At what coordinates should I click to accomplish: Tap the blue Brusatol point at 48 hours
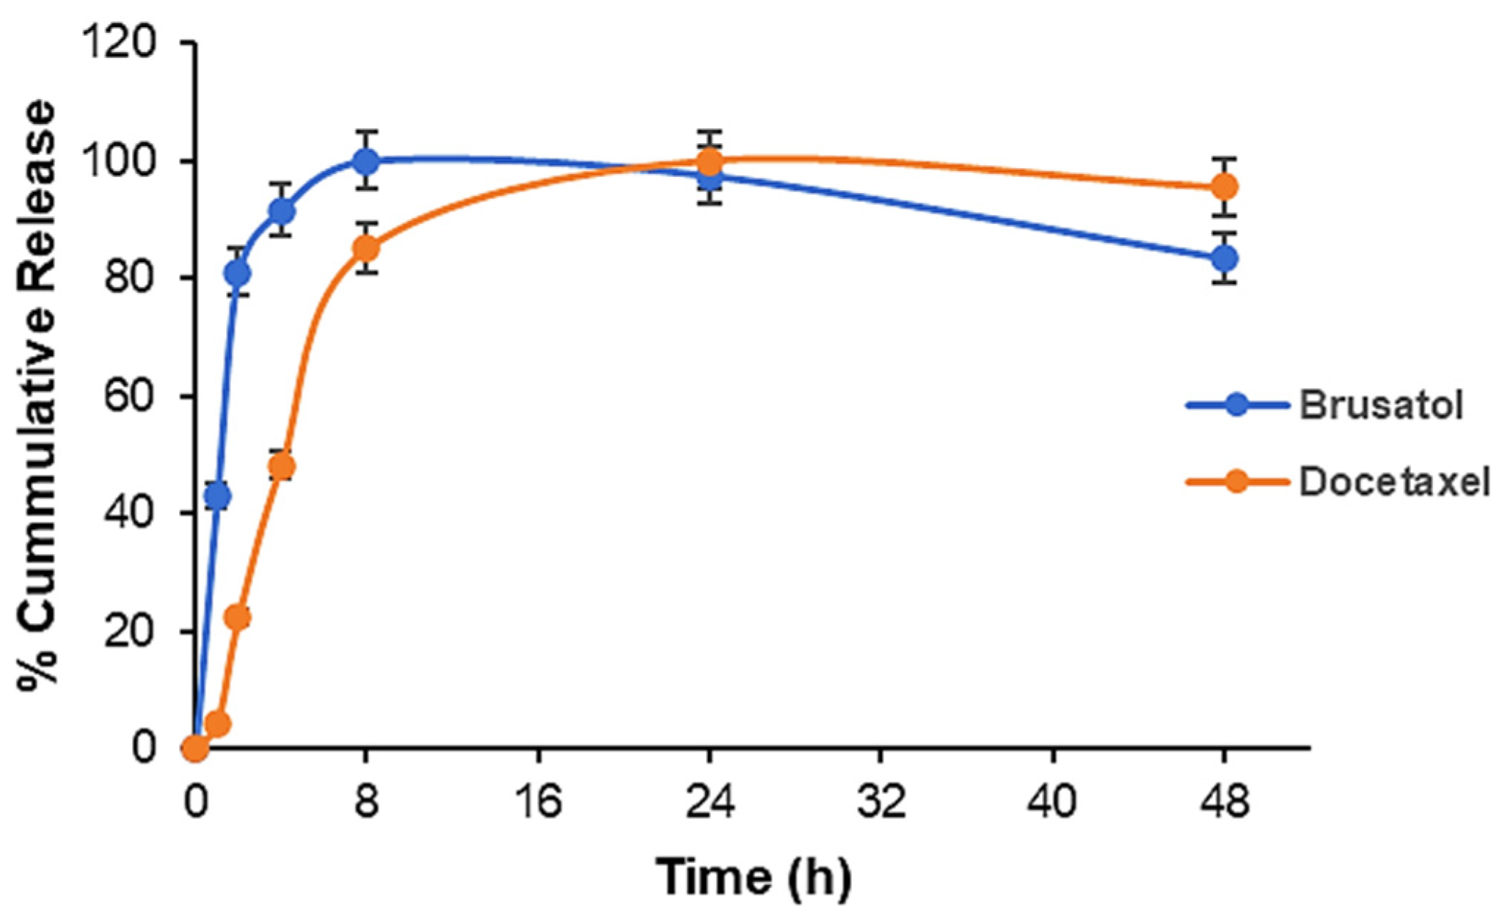1224,258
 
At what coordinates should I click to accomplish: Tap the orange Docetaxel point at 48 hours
1224,187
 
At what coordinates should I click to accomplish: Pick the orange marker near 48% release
282,466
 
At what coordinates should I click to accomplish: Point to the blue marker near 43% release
217,497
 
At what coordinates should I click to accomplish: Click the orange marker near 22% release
238,617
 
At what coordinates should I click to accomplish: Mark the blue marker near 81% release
238,273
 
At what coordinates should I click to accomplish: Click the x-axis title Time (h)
754,877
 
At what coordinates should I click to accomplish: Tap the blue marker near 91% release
282,211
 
